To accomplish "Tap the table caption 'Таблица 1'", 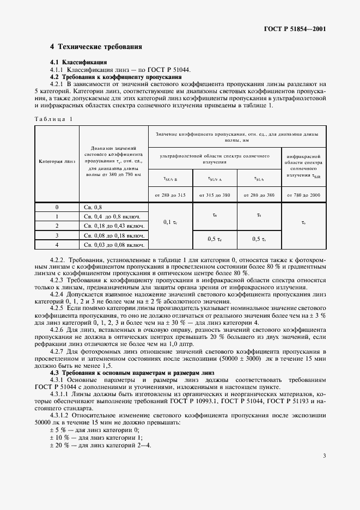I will tap(53, 118).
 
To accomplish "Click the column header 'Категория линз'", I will tap(57, 162).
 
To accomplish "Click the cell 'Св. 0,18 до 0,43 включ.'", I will tap(114, 226).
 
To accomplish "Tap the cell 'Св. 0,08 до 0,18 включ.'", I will tap(114, 235).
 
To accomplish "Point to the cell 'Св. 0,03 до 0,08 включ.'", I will tap(114, 245).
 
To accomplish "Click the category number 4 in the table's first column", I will tap(57, 245).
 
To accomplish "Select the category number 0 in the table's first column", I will tap(57, 207).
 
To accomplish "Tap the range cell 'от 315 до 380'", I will tap(215, 195).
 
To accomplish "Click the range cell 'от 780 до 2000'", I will tap(304, 195).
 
